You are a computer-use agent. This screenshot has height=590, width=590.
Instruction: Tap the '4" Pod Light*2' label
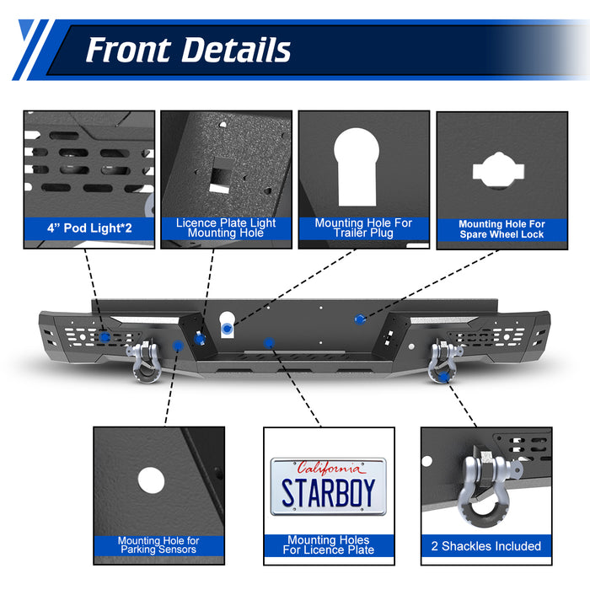[x=88, y=228]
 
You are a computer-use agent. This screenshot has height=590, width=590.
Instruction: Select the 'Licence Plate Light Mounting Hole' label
[x=226, y=228]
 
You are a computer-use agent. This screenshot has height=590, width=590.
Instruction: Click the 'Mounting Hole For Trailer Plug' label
[x=363, y=228]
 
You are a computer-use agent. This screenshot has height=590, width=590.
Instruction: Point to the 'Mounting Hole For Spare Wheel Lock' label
[x=501, y=229]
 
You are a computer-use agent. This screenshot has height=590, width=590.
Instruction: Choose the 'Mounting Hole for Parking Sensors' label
[x=158, y=545]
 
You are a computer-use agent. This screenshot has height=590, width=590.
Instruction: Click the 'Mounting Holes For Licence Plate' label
[x=328, y=545]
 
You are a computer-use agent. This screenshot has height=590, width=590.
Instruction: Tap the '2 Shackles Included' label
[x=486, y=546]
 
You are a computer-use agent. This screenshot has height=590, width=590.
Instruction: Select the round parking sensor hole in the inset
[x=150, y=480]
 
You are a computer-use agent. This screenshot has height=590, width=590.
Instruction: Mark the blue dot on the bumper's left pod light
[x=104, y=336]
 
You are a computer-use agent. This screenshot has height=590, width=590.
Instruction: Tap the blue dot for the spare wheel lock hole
[x=361, y=319]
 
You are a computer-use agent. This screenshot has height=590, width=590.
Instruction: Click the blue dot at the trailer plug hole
[x=228, y=324]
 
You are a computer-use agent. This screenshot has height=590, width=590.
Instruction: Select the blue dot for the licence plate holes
[x=268, y=342]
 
